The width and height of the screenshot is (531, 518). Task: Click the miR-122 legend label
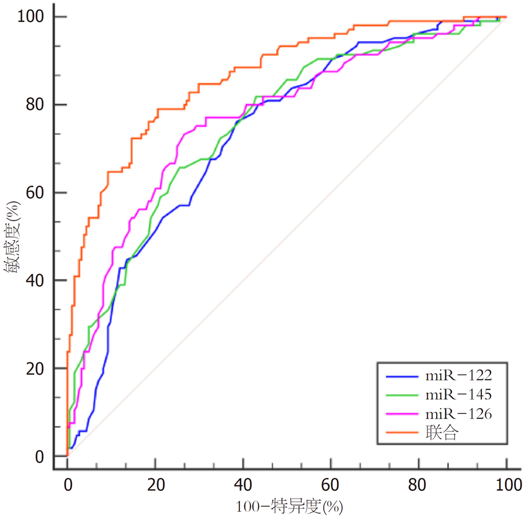[458, 375]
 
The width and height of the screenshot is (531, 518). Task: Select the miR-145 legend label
[458, 394]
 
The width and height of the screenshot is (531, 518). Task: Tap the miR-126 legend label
[458, 414]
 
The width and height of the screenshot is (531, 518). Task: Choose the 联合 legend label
[442, 433]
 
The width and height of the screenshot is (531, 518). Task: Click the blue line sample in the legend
[402, 376]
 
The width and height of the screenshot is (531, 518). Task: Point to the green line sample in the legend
[402, 395]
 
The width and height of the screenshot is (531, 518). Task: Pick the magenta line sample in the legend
[402, 414]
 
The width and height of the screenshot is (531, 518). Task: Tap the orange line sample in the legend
[402, 433]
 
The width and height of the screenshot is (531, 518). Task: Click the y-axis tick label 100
[31, 16]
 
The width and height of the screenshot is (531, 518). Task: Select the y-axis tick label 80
[35, 104]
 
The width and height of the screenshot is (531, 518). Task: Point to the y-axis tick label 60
[35, 193]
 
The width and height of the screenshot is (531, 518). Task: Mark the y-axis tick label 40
[35, 280]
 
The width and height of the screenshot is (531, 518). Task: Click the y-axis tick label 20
[35, 369]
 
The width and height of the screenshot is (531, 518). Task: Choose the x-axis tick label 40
[243, 485]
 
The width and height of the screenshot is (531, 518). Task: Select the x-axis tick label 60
[331, 485]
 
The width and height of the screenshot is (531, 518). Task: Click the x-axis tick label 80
[417, 485]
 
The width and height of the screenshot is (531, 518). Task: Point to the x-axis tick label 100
[509, 485]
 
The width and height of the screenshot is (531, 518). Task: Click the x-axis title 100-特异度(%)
[289, 507]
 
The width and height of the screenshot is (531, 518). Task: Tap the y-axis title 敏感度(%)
[12, 237]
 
